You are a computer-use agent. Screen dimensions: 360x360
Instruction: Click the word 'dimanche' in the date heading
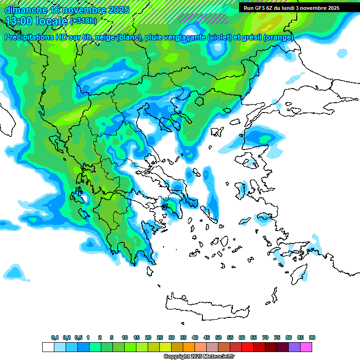(26, 10)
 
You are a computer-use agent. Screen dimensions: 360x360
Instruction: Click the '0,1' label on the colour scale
(55, 337)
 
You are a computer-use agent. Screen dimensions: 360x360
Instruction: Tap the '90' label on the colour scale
(312, 337)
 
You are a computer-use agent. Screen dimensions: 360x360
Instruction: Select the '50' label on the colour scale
(218, 337)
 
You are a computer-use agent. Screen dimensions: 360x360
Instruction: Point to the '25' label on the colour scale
(160, 337)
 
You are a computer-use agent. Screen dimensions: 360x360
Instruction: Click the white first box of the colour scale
(48, 347)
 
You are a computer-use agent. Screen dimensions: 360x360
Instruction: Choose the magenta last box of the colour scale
(306, 347)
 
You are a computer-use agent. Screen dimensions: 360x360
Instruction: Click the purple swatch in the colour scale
(294, 347)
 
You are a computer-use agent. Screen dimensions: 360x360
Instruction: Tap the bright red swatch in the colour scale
(247, 347)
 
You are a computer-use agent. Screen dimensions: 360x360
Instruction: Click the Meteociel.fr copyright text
(198, 356)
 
